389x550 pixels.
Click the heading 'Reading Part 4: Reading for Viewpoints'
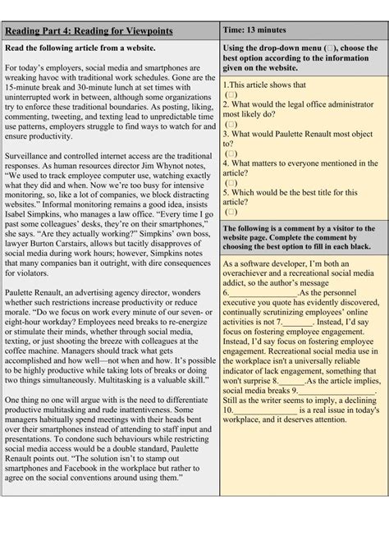tap(89, 31)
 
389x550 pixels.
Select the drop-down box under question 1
tap(231, 96)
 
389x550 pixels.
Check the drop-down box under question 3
tap(231, 153)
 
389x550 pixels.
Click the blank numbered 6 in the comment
tap(263, 291)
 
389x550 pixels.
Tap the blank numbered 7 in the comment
tap(294, 323)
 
